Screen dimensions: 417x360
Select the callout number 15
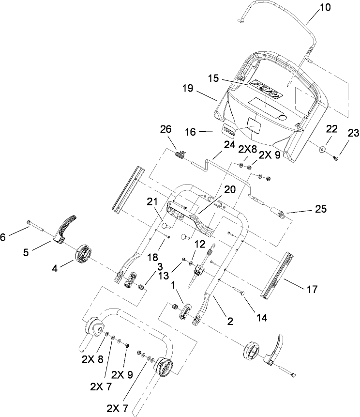tap(214, 78)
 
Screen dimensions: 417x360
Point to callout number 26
tap(165, 130)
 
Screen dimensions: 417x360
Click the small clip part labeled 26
tap(180, 154)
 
